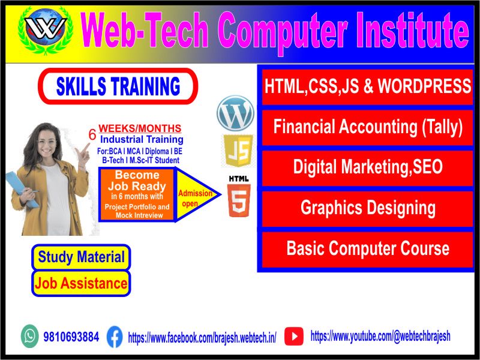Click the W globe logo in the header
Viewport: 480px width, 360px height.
[46, 31]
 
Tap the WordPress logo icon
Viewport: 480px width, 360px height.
[235, 113]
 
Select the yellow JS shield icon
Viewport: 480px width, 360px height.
[238, 151]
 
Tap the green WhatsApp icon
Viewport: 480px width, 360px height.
[29, 336]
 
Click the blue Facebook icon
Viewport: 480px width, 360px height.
[115, 337]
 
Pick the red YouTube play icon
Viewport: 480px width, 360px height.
[294, 336]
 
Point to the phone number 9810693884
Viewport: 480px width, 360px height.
[71, 337]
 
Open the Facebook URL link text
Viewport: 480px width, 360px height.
[202, 338]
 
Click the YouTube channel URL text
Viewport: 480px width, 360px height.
[380, 336]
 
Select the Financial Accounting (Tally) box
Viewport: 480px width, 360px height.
[367, 127]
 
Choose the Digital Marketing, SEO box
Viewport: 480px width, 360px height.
[367, 168]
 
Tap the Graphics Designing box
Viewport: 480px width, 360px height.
[367, 208]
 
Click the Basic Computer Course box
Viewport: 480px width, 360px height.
[367, 249]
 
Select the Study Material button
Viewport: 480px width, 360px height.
[81, 257]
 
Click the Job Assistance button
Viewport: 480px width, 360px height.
[81, 283]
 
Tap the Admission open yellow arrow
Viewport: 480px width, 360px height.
[197, 194]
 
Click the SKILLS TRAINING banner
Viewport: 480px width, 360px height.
[118, 86]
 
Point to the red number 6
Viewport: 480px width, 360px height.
[92, 134]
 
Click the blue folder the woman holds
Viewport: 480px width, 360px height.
[21, 189]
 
